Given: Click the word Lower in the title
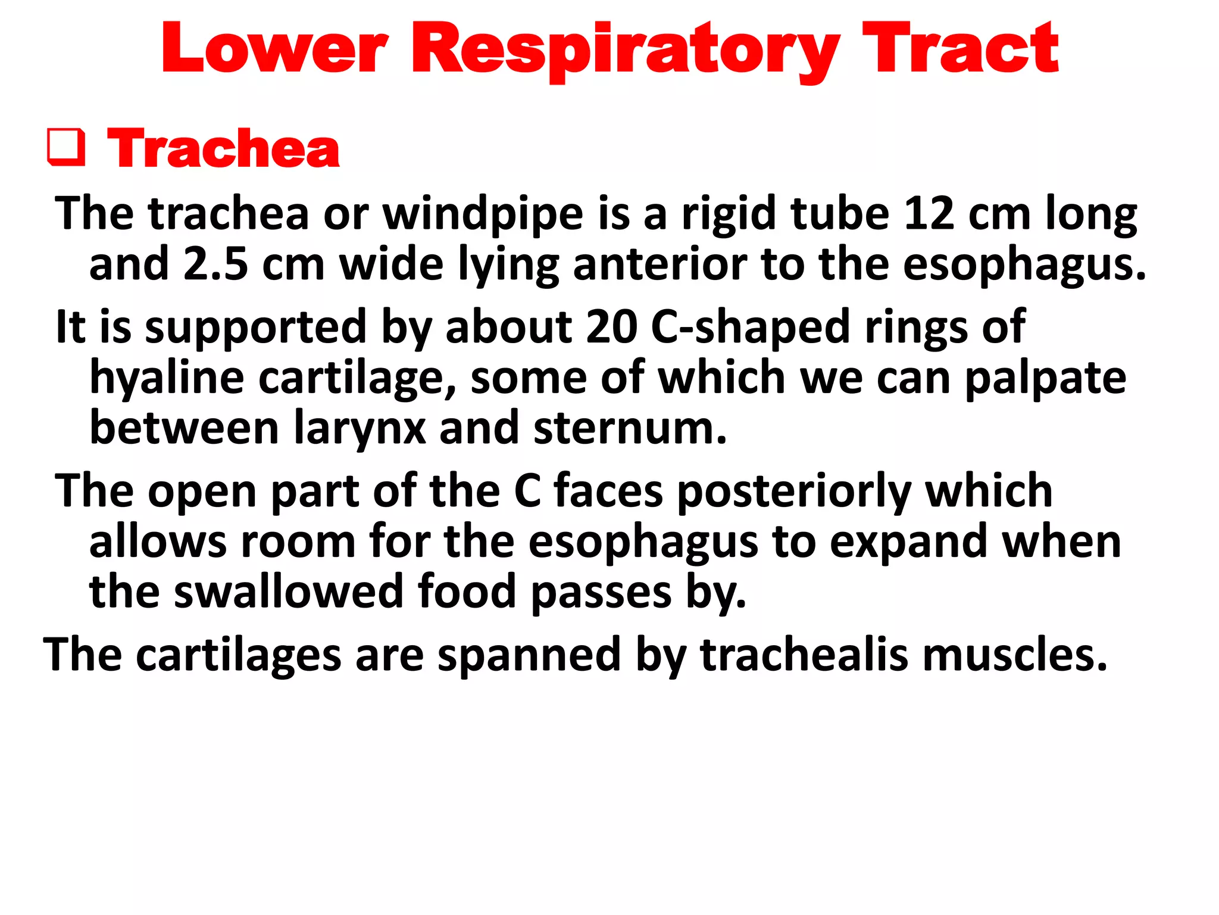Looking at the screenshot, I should coord(274,49).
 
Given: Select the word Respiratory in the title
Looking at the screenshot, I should coord(632,51).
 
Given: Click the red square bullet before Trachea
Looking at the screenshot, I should coord(66,147).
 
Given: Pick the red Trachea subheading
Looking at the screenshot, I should coord(223,148).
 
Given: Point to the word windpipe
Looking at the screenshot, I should coord(483,214).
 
